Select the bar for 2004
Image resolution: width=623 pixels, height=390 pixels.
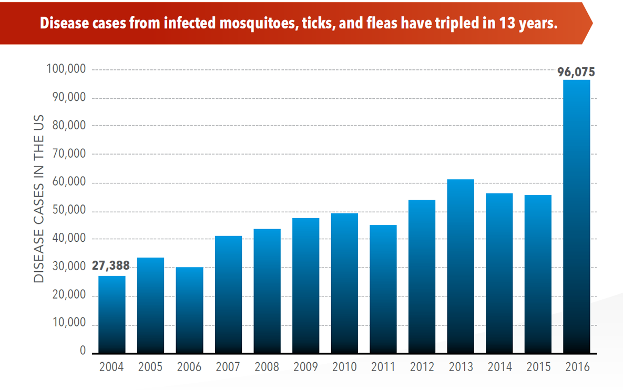112,314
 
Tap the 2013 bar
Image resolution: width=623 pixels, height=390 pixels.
460,266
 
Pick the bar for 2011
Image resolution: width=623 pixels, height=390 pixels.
383,289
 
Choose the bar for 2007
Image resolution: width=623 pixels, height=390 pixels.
228,294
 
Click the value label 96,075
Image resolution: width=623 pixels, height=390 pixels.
576,73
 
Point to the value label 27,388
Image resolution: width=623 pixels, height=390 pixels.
111,266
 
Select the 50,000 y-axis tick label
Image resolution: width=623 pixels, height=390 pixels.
69,211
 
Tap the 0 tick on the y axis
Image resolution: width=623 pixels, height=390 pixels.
83,351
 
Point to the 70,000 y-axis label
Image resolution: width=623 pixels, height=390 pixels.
69,155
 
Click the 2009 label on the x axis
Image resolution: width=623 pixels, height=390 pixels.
305,367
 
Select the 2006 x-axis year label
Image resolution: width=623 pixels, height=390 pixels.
189,367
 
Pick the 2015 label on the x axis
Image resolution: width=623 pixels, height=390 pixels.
538,367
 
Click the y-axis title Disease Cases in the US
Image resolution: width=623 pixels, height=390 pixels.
39,198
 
